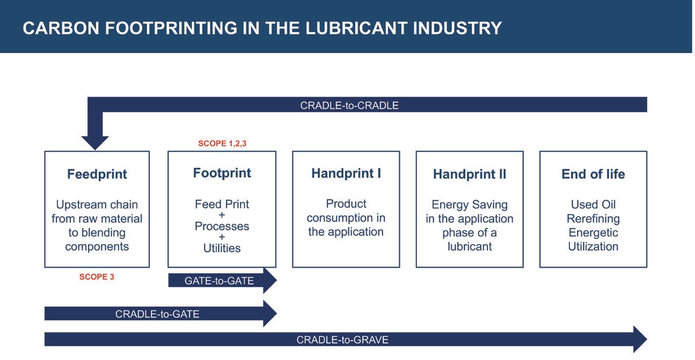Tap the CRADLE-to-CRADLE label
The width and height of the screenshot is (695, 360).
349,106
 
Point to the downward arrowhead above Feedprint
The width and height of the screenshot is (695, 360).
95,143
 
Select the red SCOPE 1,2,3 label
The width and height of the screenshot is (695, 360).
222,143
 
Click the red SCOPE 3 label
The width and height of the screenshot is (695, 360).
97,277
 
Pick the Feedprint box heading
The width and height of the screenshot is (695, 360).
97,174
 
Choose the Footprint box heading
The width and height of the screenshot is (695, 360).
222,173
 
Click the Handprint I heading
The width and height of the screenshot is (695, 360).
346,173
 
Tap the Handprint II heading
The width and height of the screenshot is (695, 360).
470,174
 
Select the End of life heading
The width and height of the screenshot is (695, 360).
593,174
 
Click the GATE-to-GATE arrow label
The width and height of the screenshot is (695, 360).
220,281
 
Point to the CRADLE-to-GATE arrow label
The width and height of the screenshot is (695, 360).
157,314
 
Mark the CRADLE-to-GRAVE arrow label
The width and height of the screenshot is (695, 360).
342,340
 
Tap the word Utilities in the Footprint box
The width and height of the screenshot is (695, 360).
222,248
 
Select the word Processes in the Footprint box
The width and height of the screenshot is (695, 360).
222,226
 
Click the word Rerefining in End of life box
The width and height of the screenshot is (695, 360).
593,218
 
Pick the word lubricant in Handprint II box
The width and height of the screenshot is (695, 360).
470,246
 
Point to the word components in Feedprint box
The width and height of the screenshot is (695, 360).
97,247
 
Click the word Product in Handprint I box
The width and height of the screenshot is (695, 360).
346,204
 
